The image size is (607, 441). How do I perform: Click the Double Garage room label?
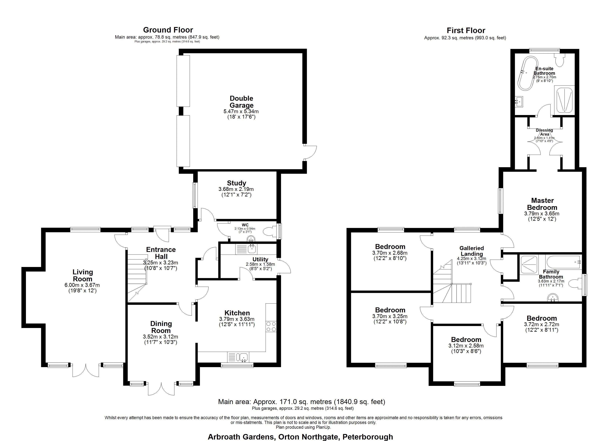241,102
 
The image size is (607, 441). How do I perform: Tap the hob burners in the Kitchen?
271,326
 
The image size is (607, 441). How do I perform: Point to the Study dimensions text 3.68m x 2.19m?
236,189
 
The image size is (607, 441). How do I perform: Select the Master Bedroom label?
542,204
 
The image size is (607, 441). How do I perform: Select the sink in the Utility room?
252,249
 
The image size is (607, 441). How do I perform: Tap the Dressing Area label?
544,132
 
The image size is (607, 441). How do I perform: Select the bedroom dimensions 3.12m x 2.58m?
466,345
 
